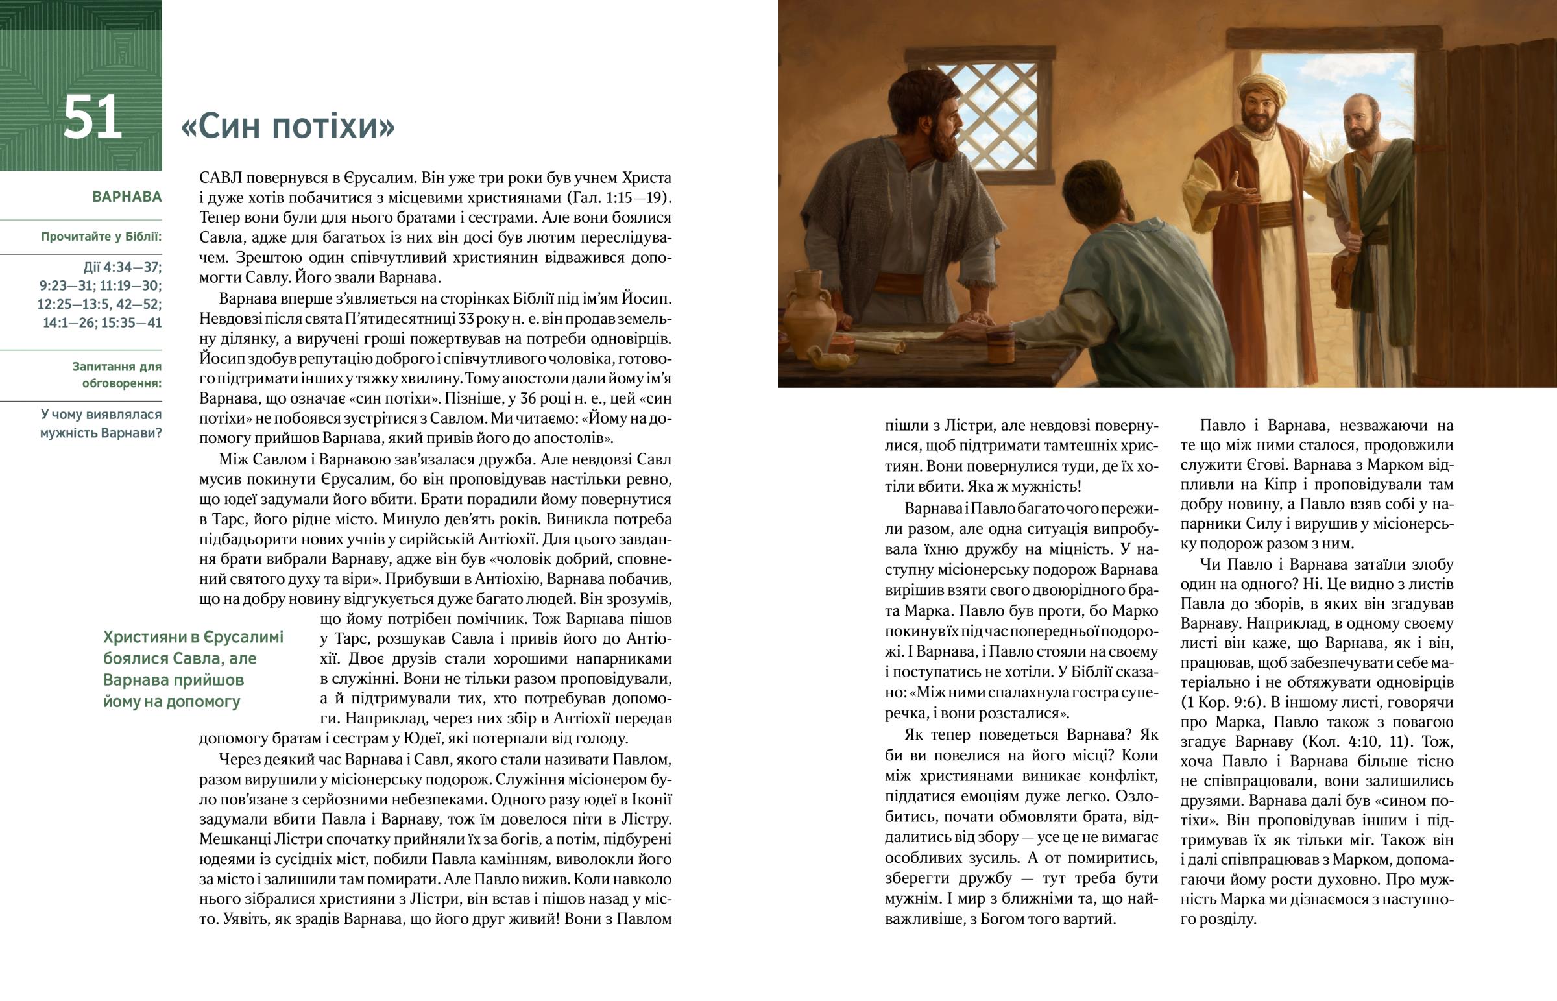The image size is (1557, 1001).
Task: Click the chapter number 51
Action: (x=93, y=117)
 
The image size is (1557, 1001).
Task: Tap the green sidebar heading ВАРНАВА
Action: (x=127, y=197)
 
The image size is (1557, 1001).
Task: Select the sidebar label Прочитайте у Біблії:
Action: (x=101, y=237)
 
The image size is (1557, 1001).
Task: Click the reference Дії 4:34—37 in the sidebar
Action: (x=122, y=267)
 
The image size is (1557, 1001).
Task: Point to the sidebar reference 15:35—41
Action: (x=131, y=322)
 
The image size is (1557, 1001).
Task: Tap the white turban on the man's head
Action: (x=1261, y=91)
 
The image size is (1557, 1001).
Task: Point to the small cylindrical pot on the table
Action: (x=1002, y=344)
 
